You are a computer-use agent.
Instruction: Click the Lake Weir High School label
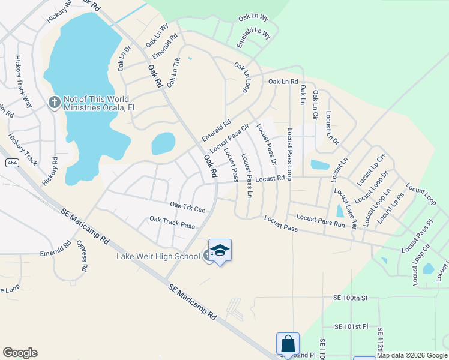(158, 257)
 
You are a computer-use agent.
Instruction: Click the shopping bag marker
(288, 344)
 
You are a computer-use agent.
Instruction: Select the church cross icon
(53, 102)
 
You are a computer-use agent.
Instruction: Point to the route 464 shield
(11, 163)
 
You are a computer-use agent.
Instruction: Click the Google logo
(20, 353)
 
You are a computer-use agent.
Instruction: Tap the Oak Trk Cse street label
(187, 207)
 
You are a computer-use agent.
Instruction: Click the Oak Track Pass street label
(172, 223)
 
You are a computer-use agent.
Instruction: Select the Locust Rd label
(269, 178)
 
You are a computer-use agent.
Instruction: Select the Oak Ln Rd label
(283, 81)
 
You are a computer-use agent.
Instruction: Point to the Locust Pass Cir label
(229, 139)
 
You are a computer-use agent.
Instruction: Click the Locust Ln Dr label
(332, 127)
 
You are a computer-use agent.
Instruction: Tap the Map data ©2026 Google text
(412, 355)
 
